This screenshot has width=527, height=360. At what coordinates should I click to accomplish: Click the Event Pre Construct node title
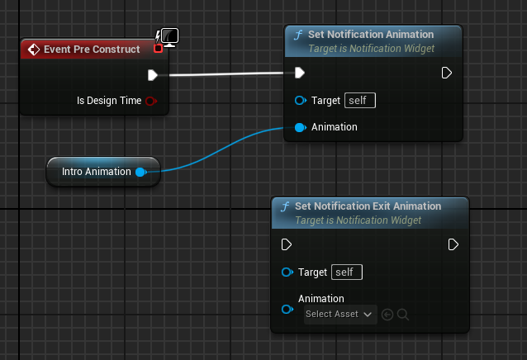[x=92, y=50]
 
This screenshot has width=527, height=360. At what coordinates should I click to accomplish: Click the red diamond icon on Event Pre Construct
[x=34, y=50]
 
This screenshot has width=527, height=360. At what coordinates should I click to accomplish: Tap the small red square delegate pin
[x=158, y=49]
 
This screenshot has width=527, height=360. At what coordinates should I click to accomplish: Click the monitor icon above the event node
[x=169, y=37]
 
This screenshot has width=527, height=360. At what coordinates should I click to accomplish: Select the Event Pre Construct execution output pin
[x=153, y=75]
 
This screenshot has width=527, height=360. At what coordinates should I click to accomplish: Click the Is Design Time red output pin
[x=151, y=101]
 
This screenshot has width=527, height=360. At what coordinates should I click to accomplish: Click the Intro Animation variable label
[x=97, y=172]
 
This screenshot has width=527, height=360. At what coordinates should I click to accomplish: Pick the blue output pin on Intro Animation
[x=140, y=173]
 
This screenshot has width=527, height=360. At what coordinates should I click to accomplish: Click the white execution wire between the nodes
[x=226, y=74]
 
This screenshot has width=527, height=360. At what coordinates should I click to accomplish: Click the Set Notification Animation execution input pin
[x=300, y=73]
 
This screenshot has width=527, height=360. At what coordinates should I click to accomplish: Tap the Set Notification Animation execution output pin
[x=446, y=73]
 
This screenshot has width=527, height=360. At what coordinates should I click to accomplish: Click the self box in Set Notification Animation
[x=360, y=101]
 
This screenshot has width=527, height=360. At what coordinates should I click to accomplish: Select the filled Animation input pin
[x=300, y=128]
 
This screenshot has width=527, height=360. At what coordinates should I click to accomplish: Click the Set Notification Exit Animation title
[x=368, y=206]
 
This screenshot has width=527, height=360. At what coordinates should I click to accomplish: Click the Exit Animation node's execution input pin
[x=287, y=244]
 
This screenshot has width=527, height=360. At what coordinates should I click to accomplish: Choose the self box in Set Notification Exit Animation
[x=347, y=272]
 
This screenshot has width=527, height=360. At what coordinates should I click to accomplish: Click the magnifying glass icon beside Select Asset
[x=402, y=315]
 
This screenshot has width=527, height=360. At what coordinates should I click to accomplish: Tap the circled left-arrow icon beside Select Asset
[x=387, y=315]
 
